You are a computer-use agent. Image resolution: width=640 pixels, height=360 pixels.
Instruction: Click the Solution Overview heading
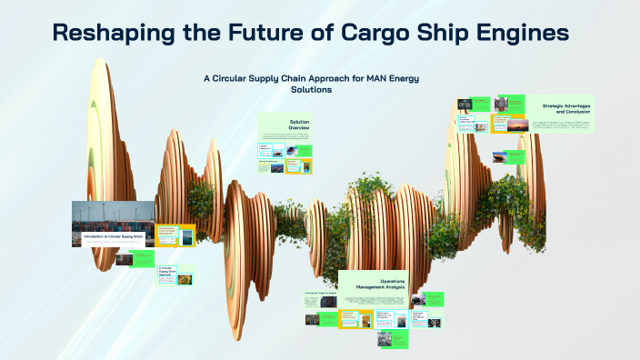[299, 125]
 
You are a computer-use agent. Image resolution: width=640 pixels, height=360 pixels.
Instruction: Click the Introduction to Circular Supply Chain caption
[114, 237]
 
